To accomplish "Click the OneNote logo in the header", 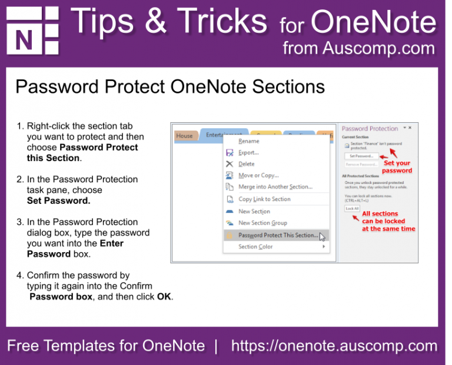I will point(32,31).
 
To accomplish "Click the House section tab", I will point(185,136).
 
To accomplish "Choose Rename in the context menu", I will point(248,141).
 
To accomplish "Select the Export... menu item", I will point(248,153).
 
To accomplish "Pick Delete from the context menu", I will point(246,164).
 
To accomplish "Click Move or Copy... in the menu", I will point(258,175).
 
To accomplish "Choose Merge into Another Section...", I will point(275,187).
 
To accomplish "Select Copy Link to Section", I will point(264,199).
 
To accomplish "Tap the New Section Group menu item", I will point(262,223).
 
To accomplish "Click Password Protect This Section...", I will point(278,236).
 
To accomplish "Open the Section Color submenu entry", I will point(255,247).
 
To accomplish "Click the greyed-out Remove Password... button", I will point(361,165).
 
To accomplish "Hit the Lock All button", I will point(352,209).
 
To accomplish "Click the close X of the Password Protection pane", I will point(410,128).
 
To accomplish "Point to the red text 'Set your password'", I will point(397,167).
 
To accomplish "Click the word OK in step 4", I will point(164,297).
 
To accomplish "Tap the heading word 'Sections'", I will point(288,87).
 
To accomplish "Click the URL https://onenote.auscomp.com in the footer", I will point(334,346).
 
